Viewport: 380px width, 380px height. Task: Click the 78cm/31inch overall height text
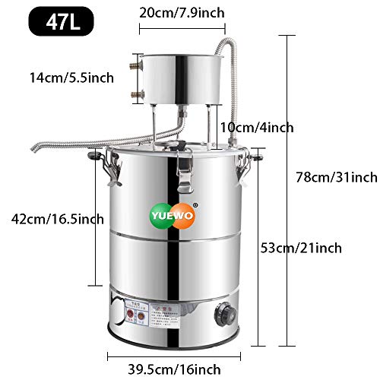pos(336,177)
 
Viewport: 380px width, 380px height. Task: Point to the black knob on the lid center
pos(177,145)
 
